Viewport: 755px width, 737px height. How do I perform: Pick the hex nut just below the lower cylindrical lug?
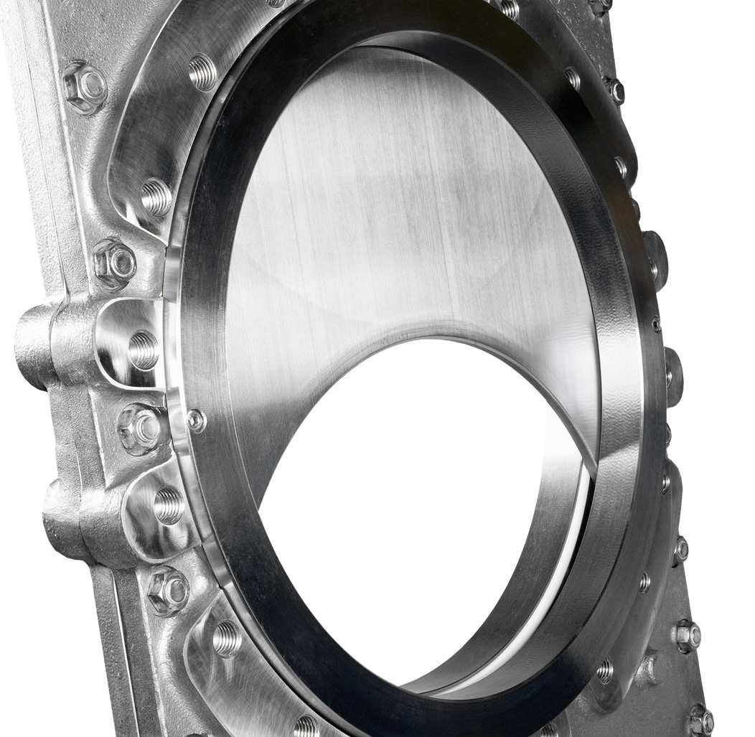(168, 591)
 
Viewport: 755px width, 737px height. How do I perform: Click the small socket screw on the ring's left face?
(196, 421)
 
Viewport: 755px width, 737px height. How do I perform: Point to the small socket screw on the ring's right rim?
(656, 324)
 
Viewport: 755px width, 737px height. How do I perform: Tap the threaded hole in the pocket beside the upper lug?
(144, 349)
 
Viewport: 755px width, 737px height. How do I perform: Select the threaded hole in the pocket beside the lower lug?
(169, 505)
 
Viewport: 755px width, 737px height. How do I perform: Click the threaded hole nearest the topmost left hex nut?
(202, 72)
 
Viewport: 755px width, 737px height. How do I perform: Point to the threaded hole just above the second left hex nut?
(156, 197)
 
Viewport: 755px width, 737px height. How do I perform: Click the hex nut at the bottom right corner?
(700, 720)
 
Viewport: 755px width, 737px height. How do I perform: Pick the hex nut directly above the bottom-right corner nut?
(687, 634)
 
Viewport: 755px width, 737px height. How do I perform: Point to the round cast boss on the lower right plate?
(650, 667)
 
